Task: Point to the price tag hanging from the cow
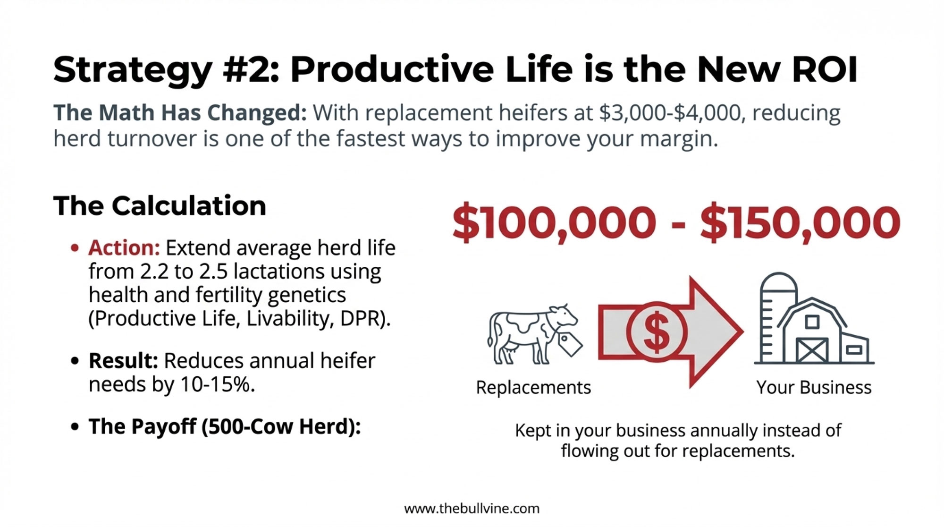point(570,343)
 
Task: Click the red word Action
point(124,248)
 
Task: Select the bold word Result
point(123,361)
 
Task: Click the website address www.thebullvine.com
point(472,509)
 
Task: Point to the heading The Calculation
point(160,206)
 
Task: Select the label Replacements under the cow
point(533,387)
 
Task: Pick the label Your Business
point(814,387)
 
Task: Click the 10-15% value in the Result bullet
point(218,384)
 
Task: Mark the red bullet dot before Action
point(75,248)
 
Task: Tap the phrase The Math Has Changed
point(180,113)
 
